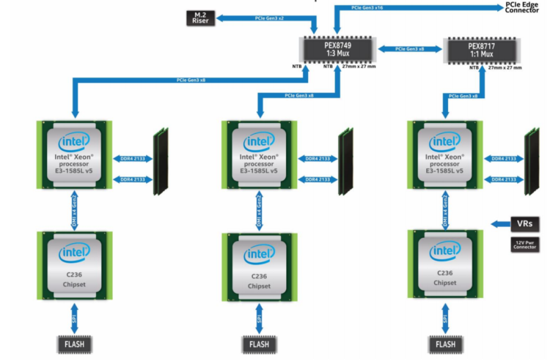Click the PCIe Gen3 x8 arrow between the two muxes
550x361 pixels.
pos(411,49)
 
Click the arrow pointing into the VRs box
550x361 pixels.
pos(501,223)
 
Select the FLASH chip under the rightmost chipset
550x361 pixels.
pos(444,343)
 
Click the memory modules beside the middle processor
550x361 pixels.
pos(344,163)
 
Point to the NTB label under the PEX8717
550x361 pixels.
pos(474,67)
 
